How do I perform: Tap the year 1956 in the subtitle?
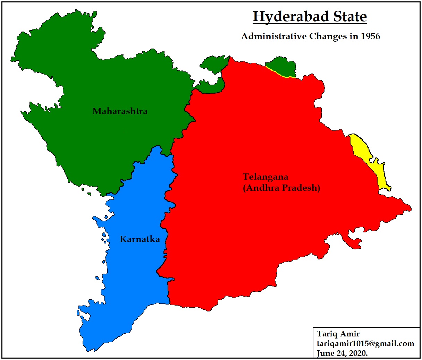pos(370,36)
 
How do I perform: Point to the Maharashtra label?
pos(120,111)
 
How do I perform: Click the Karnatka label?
pos(140,239)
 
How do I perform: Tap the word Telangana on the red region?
pos(265,177)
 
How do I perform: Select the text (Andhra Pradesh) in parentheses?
pos(281,188)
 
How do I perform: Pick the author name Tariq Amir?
pos(338,334)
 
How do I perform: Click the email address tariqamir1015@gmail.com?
pos(365,344)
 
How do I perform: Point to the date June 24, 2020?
pos(342,353)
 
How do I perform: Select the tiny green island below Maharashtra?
pos(89,194)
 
